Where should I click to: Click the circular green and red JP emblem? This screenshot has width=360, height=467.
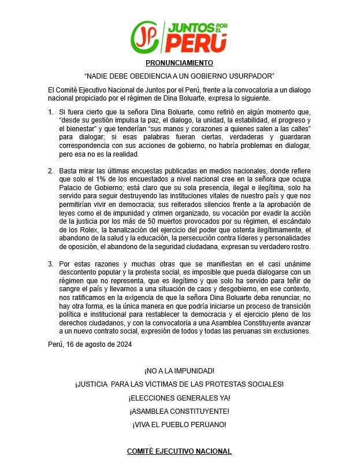click(x=146, y=36)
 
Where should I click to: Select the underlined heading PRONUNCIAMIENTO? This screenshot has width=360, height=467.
click(x=179, y=62)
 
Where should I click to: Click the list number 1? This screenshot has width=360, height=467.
click(x=51, y=110)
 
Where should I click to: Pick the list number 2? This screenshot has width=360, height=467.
click(x=51, y=171)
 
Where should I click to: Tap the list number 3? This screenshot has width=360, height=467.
click(x=51, y=263)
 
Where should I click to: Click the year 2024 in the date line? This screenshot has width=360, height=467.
click(x=123, y=344)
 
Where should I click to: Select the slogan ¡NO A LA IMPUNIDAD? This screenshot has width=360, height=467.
click(x=179, y=370)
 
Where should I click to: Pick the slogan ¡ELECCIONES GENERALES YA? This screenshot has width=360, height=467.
click(x=179, y=398)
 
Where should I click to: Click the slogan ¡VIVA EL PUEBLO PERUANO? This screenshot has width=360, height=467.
click(x=179, y=425)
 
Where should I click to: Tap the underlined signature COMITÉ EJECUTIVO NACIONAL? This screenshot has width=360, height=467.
click(x=179, y=451)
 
